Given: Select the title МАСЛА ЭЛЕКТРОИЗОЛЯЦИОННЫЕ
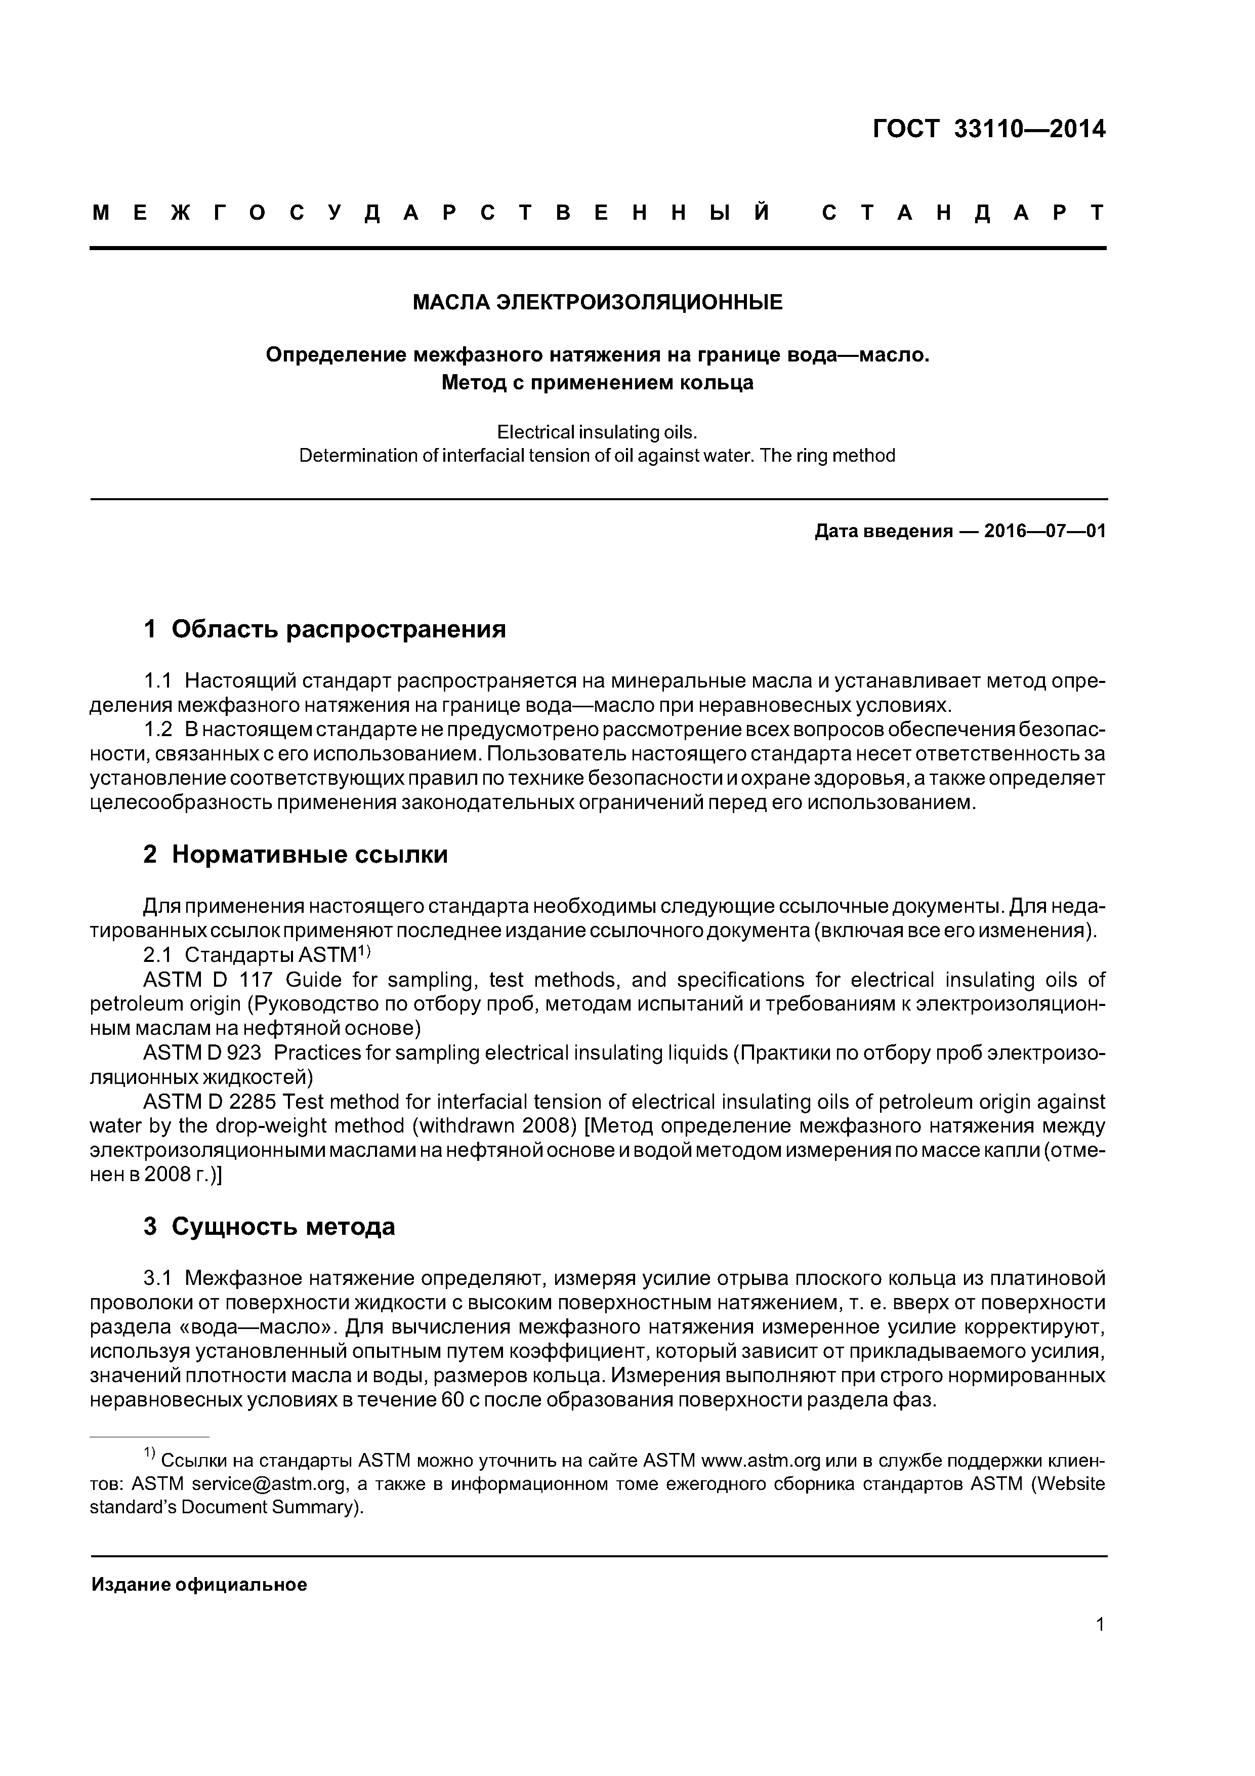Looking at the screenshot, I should (597, 302).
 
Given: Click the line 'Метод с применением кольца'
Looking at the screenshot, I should (597, 382).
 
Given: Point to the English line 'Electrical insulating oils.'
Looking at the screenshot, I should (597, 432).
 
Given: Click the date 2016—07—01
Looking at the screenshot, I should (1044, 532).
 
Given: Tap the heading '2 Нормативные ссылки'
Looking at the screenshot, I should (296, 855).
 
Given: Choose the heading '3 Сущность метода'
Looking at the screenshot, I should (269, 1227).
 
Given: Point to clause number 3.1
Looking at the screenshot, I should (158, 1278).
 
